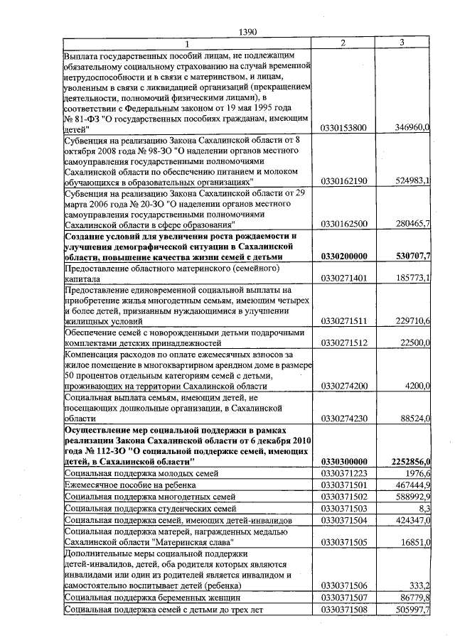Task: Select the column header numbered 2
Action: [343, 43]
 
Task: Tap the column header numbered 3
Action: [402, 43]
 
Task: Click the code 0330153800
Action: [343, 128]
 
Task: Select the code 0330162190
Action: [343, 181]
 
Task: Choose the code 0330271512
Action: [343, 342]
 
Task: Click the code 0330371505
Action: [343, 541]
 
